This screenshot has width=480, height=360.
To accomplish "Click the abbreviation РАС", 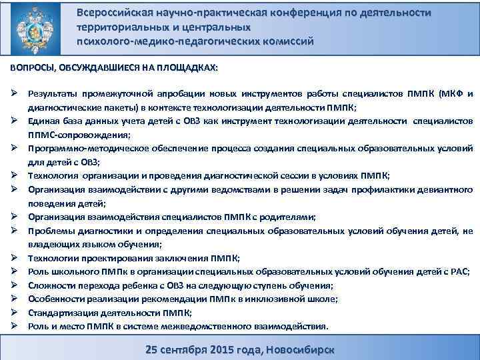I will [459, 271].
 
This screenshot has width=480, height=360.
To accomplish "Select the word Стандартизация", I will [62, 312].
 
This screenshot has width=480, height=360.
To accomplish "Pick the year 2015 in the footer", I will [217, 349].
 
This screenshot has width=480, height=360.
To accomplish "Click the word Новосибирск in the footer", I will [299, 349].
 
